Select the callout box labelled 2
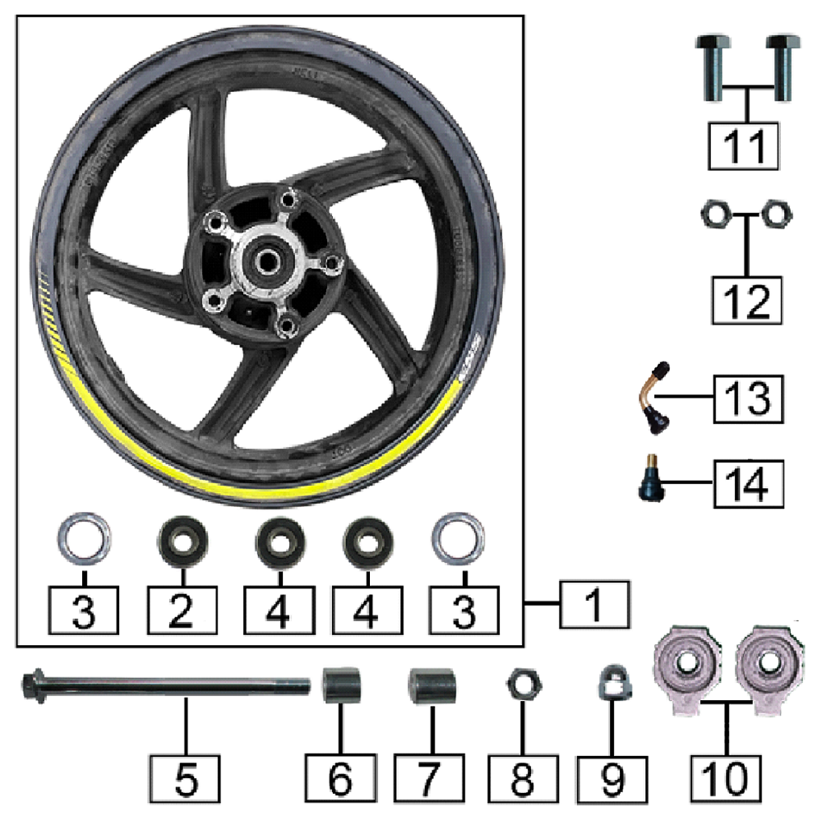pos(182,610)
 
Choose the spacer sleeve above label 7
pos(430,686)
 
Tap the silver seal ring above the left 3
pos(84,538)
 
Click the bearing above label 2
pos(182,542)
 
